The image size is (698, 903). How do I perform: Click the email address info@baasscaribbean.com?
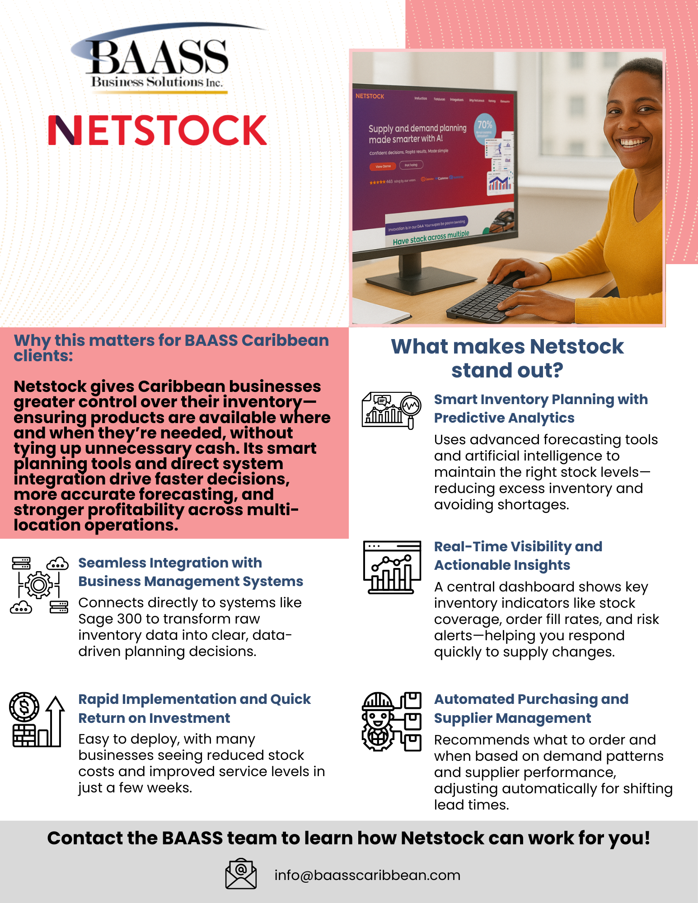(x=367, y=875)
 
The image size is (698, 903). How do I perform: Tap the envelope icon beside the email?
(x=241, y=874)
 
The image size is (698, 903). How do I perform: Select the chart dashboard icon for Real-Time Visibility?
(x=392, y=567)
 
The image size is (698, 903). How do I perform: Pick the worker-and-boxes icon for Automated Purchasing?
(x=391, y=721)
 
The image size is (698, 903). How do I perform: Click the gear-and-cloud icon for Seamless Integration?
(x=39, y=585)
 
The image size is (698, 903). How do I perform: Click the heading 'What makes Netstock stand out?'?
(x=507, y=358)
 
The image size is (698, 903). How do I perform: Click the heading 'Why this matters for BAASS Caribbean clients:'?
(x=171, y=348)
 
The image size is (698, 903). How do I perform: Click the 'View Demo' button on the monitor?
(x=383, y=166)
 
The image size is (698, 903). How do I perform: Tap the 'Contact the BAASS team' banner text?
(x=348, y=838)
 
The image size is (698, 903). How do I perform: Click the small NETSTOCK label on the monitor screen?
(x=370, y=96)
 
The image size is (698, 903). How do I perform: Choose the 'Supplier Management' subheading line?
(x=512, y=718)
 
